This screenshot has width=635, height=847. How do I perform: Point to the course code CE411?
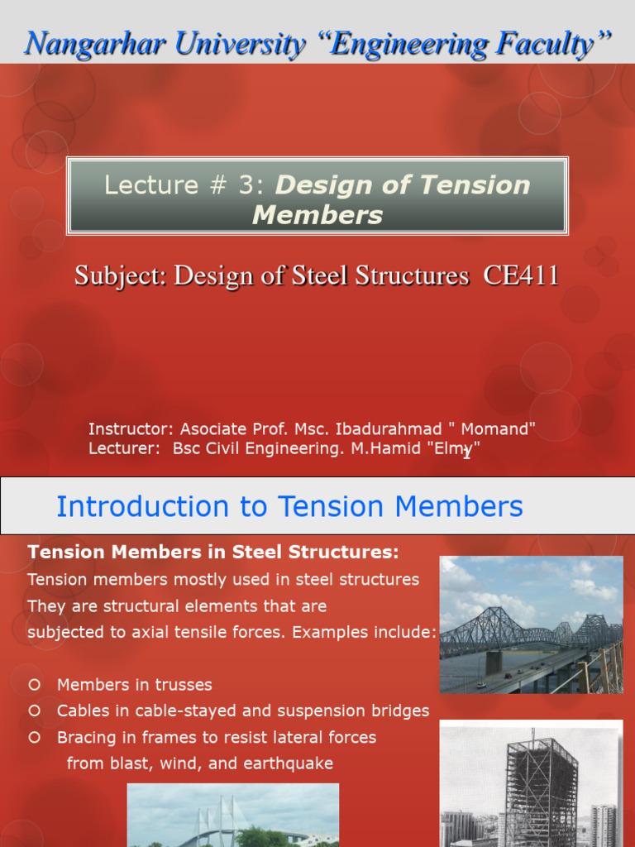521,275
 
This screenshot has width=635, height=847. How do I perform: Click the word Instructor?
131,428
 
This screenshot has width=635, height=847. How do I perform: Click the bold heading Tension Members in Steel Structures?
213,552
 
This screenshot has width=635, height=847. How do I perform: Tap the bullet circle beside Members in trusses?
35,685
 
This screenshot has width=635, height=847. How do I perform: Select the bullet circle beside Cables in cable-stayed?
35,711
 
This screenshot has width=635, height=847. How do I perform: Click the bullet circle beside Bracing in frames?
35,737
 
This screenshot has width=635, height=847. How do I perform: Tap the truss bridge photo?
531,624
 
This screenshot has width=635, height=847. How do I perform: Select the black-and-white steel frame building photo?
531,783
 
